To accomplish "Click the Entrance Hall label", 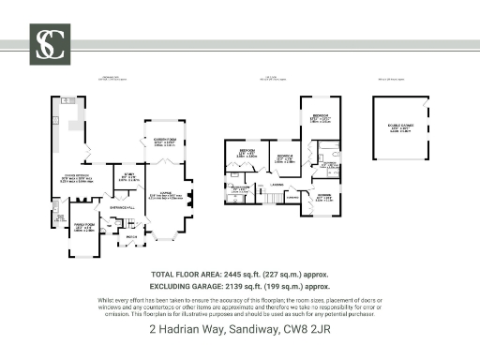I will pos(123,204).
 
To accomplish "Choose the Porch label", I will pos(132,236).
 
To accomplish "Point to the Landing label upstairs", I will pos(278,187).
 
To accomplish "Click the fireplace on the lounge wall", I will pos(191,198).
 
